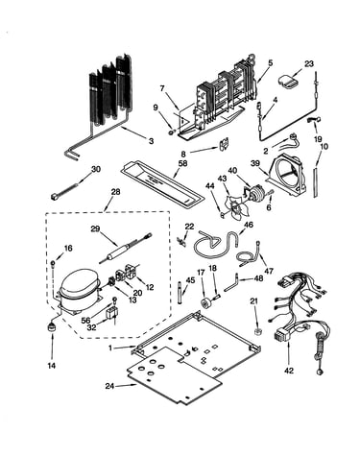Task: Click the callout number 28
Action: [115, 192]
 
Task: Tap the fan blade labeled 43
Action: [235, 206]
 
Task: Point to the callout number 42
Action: [288, 371]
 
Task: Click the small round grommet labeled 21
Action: [257, 330]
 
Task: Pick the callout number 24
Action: [109, 386]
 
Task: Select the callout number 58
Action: [183, 163]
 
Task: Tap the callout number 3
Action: [151, 141]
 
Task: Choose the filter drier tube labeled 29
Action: [124, 249]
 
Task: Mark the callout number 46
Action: [249, 225]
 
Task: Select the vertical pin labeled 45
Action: [180, 292]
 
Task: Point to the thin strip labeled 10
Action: [316, 181]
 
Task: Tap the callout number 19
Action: [317, 139]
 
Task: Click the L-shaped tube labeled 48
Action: [231, 282]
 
